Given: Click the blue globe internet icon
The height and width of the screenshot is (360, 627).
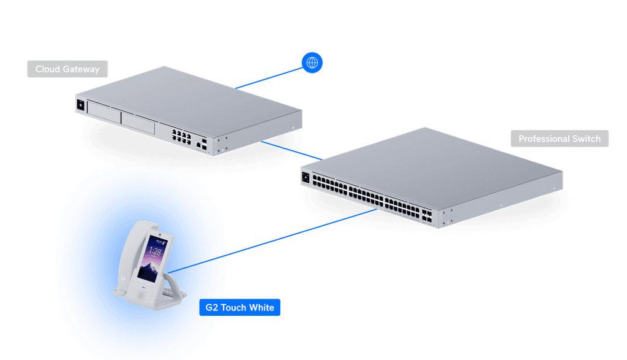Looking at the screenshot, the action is pos(312,63).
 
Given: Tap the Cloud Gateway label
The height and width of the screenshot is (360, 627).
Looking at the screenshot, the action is pos(67,69).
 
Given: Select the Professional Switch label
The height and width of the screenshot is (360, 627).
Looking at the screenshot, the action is pos(560,139).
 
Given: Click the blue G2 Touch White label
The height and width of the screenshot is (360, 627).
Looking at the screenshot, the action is pos(239,307).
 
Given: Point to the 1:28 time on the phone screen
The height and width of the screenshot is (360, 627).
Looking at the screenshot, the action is pos(155,251).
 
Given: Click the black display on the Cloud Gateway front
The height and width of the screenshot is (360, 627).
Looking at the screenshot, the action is pos(80,105).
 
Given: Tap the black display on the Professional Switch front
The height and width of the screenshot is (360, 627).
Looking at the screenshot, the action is pos(306,177).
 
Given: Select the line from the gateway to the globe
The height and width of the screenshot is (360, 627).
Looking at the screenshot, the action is pos(269,78).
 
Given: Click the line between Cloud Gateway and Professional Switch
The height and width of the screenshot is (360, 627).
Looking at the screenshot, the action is pos(291,151).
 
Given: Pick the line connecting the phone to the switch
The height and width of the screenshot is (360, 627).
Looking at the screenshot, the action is pos(272,241).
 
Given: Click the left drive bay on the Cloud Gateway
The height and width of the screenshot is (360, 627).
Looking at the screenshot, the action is pos(103,112).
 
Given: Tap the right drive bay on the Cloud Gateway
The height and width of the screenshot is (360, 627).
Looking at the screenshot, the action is pos(138,123).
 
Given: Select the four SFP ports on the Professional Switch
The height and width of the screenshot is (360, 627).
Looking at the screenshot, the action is pos(427,216).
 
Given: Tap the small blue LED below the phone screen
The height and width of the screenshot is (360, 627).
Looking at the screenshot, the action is pos(143,288).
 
